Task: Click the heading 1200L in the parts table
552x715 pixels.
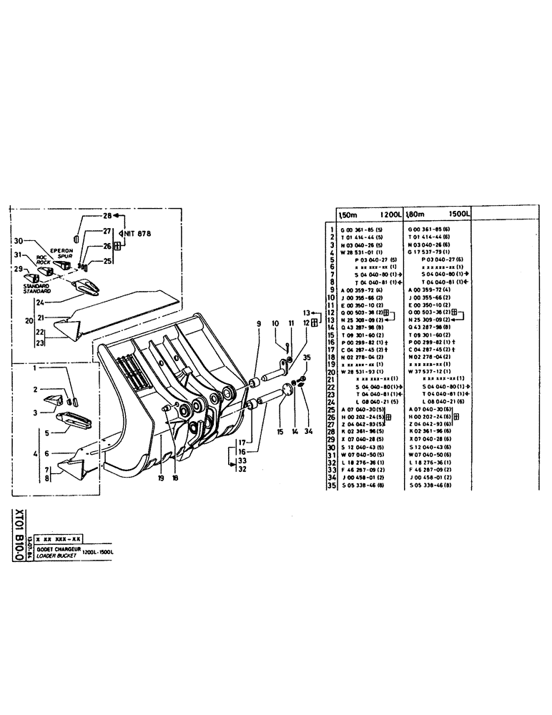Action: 382,213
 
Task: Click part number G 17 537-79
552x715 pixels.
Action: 427,252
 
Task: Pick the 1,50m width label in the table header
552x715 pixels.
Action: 346,213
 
